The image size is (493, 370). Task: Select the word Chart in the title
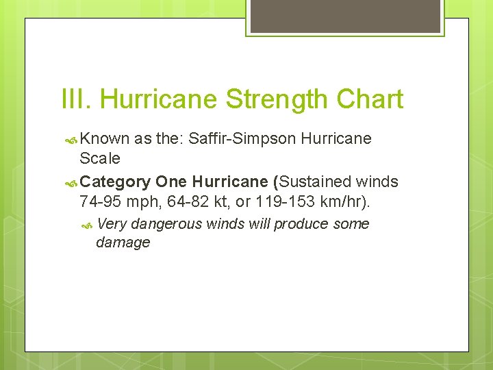(370, 99)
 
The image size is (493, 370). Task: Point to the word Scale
(100, 158)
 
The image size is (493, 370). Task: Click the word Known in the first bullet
(105, 138)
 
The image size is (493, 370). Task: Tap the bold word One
(172, 182)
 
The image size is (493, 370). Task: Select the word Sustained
(315, 182)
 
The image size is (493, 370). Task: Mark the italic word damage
(123, 243)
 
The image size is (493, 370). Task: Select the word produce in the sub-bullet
(302, 224)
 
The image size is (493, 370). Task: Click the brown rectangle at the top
(345, 16)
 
